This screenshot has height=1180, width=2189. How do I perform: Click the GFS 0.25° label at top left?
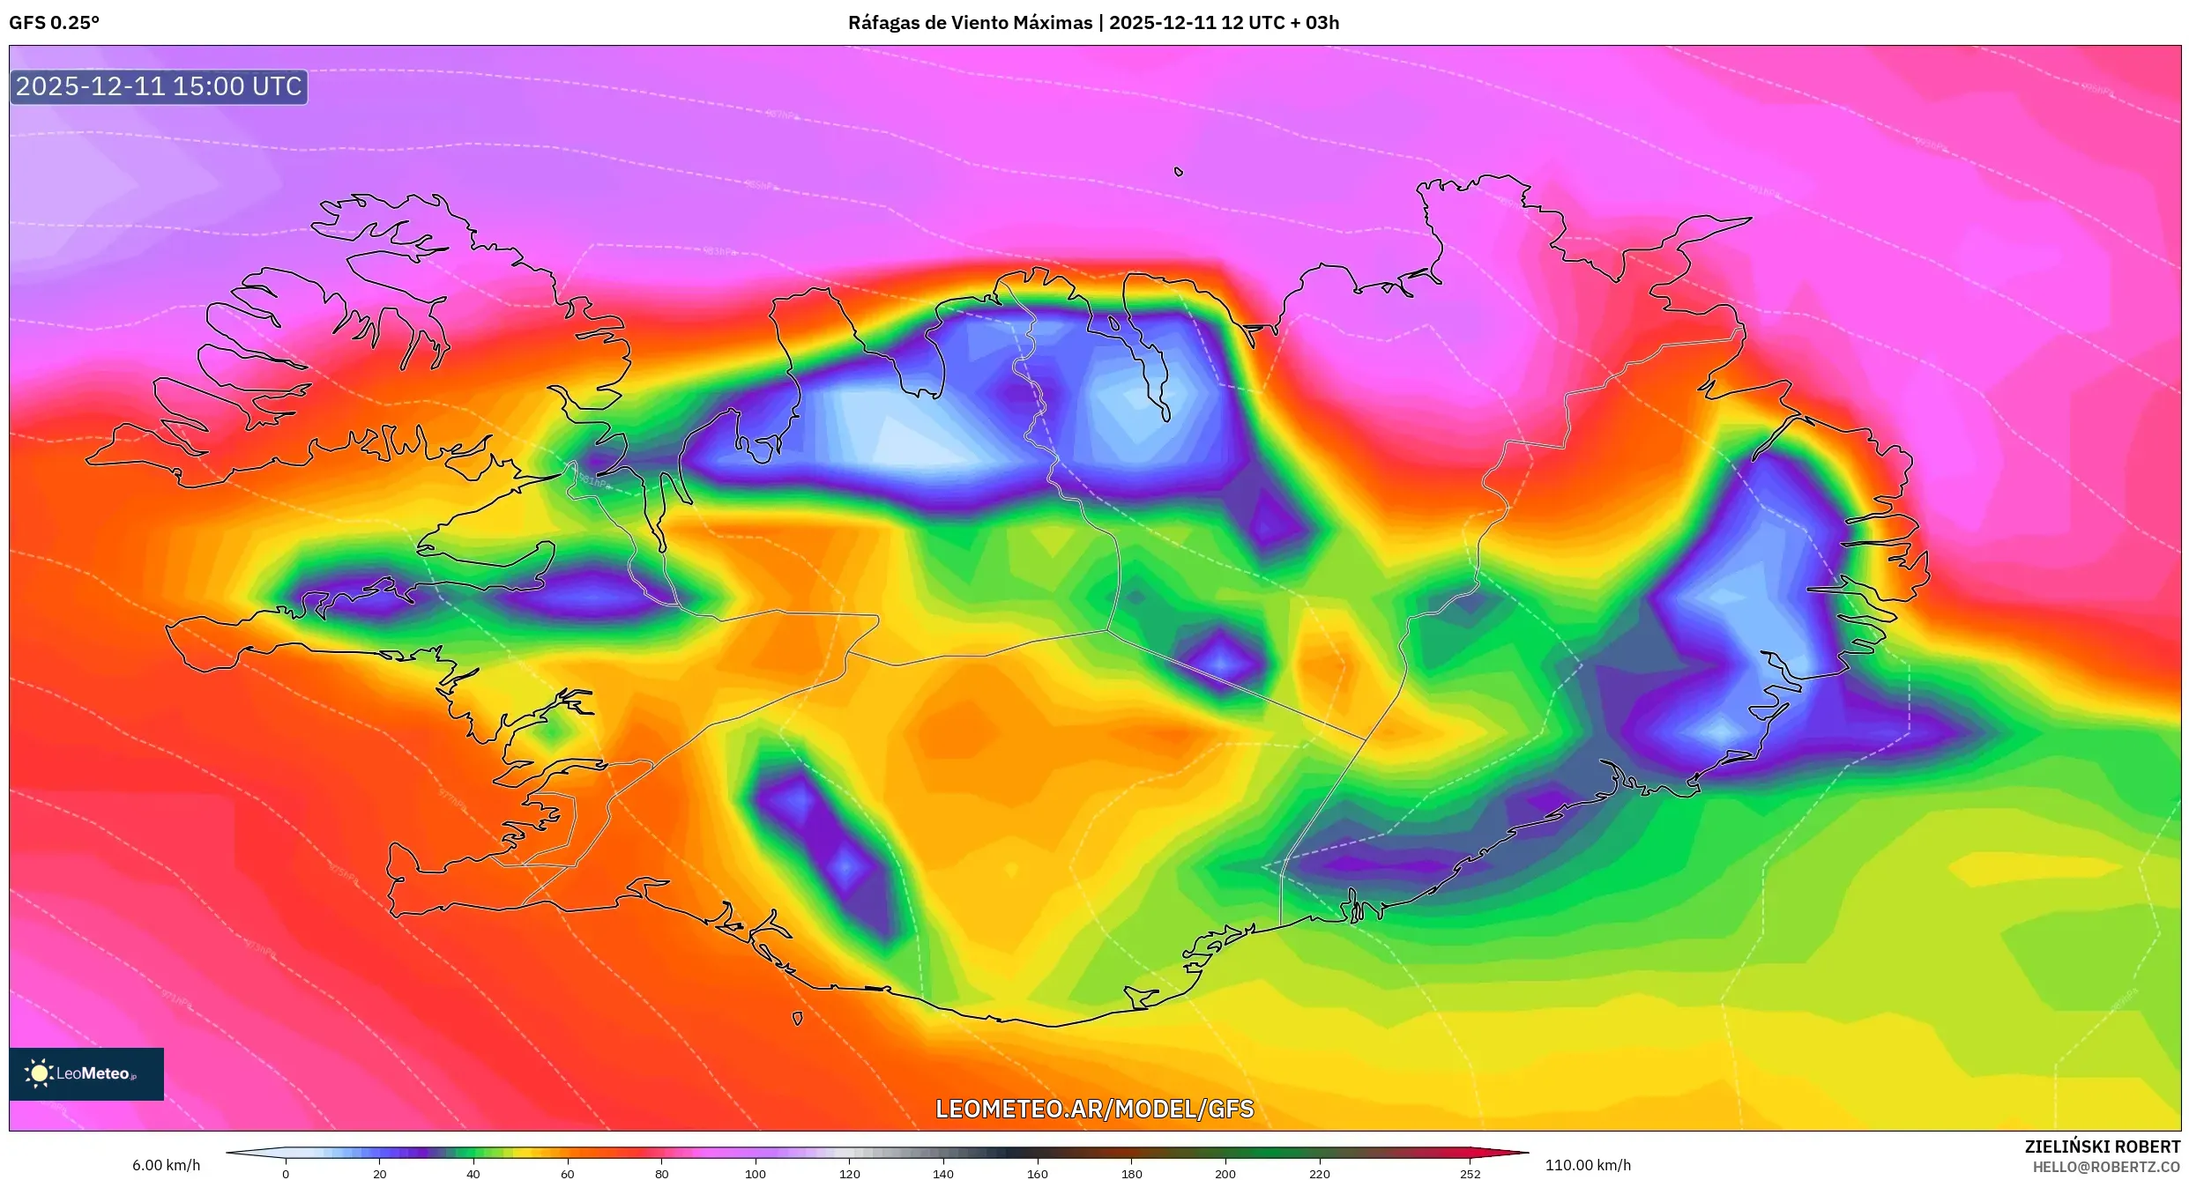[54, 23]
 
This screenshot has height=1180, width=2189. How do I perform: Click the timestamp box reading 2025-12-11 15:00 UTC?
[159, 86]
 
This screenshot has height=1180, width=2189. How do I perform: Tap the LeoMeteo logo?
[86, 1073]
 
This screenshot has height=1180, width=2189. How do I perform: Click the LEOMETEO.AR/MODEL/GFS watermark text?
[1094, 1109]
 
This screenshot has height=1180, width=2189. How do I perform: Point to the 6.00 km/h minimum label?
[166, 1165]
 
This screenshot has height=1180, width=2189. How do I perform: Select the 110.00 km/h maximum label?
[1588, 1165]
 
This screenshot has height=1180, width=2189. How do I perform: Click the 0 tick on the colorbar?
[286, 1173]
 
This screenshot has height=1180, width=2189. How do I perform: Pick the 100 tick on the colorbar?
[756, 1173]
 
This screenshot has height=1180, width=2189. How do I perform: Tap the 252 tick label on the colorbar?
[1470, 1173]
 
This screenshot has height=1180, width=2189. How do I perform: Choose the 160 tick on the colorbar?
[1038, 1173]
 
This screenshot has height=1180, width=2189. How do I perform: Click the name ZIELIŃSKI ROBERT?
[2102, 1147]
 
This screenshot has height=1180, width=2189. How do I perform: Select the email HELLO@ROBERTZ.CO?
[2106, 1167]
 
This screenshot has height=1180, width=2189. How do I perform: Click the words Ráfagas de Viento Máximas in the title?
[970, 23]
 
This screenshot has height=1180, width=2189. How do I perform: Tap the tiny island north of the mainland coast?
[1179, 172]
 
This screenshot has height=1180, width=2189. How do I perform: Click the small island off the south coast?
[797, 1019]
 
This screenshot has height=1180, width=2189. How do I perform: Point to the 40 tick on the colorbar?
[473, 1173]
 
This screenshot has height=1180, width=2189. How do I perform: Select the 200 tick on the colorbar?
[1225, 1173]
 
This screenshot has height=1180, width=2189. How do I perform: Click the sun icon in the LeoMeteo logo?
[39, 1073]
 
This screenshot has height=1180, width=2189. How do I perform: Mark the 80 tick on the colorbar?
[661, 1173]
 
